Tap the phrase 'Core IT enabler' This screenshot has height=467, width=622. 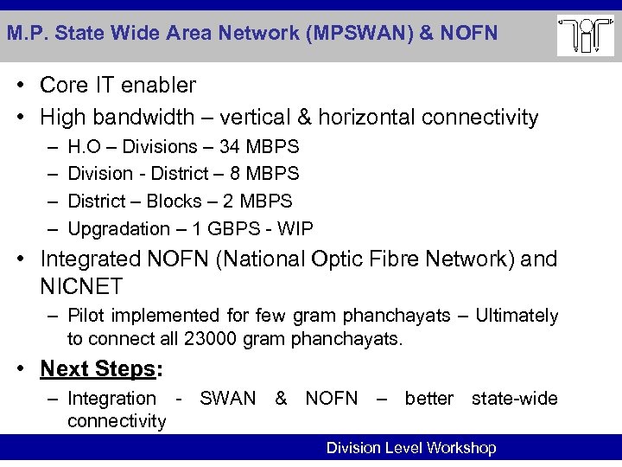[117, 86]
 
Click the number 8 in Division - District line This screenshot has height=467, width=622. [235, 174]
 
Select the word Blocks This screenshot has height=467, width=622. [175, 202]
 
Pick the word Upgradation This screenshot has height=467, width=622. [118, 228]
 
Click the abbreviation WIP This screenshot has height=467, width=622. [295, 228]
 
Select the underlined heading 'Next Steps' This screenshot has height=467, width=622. [97, 368]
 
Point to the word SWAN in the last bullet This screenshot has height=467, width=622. [227, 398]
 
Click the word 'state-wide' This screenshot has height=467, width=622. [514, 398]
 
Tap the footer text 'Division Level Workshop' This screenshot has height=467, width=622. [410, 448]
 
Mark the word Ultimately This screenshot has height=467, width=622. [517, 317]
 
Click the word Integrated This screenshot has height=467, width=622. [93, 259]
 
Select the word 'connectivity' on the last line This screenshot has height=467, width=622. [117, 421]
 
